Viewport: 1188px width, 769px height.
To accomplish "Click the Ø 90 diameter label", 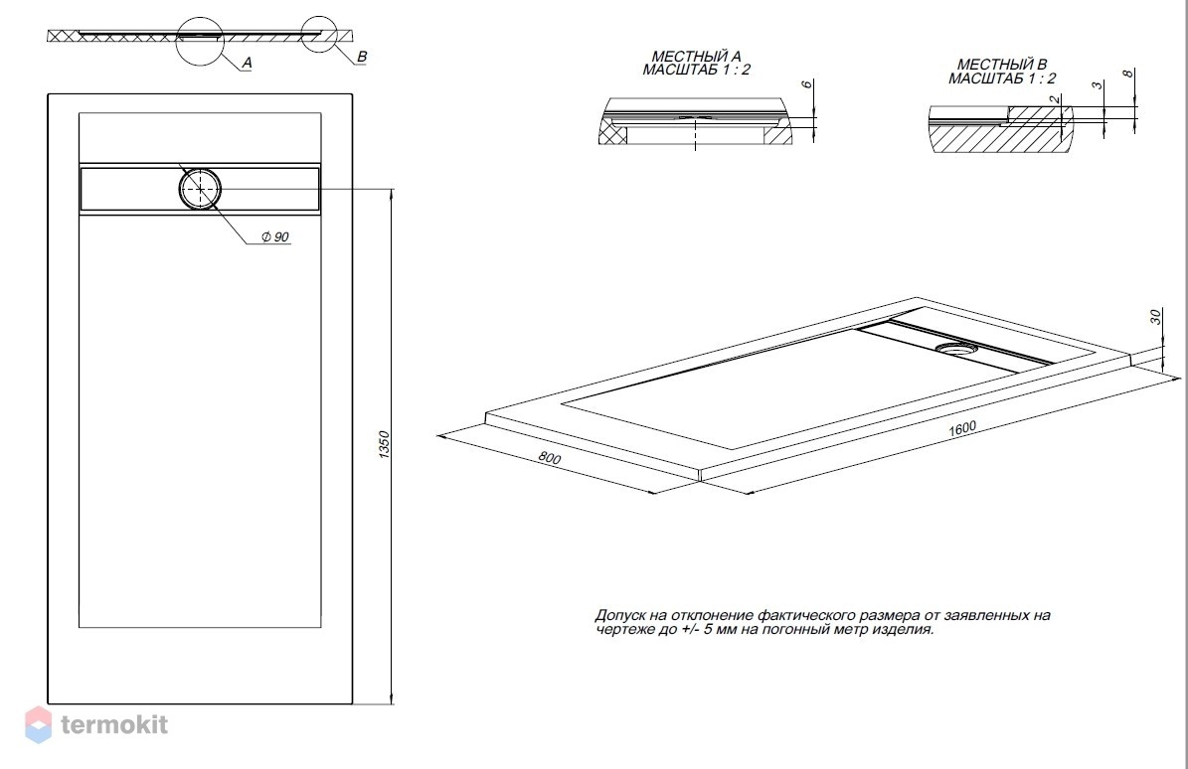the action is tap(275, 236).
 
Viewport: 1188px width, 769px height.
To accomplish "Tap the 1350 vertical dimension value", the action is tap(384, 444).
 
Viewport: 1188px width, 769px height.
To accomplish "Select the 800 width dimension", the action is tap(550, 458).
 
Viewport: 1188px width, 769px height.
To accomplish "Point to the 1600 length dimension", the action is tap(962, 428).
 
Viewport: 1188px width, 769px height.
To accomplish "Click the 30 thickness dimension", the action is tap(1155, 317).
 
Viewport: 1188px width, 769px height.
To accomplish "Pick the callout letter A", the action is tap(247, 63).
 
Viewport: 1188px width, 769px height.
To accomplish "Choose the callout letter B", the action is tap(362, 57).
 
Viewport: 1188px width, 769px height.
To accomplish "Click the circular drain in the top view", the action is tap(200, 189).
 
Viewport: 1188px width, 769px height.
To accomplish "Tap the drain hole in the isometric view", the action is tap(957, 349).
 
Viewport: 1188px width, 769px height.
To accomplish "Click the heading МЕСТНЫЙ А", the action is tap(696, 56).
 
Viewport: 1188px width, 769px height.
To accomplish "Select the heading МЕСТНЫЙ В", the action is tap(1002, 65).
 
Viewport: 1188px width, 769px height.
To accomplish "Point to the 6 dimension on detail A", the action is tap(807, 84).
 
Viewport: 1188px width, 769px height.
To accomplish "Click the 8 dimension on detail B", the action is tap(1128, 75).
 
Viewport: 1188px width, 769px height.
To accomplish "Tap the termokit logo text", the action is tap(114, 724).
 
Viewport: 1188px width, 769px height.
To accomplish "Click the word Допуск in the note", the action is tap(620, 615).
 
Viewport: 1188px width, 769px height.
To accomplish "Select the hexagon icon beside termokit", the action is tap(38, 723).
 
